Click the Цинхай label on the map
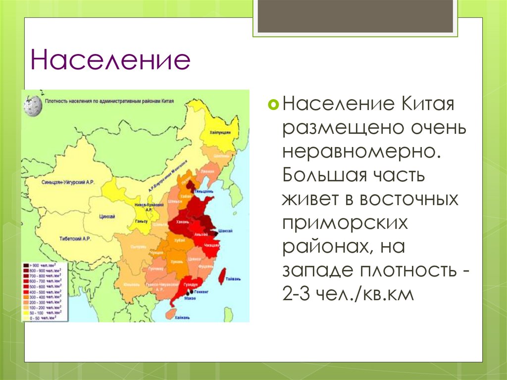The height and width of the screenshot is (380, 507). [x=107, y=217]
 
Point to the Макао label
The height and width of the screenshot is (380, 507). [x=190, y=298]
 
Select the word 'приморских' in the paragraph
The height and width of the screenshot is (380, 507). [x=345, y=223]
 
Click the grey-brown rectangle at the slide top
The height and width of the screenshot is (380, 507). [x=355, y=16]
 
